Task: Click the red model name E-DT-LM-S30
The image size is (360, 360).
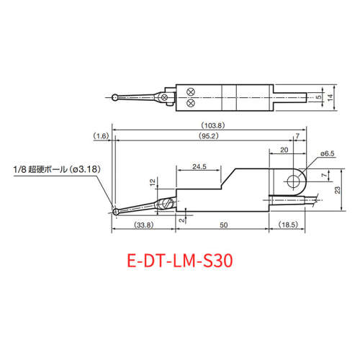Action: pos(180,261)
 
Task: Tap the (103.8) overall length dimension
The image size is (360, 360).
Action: pos(213,125)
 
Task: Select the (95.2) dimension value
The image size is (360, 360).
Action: pos(209,136)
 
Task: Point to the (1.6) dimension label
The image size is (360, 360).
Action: pos(101,136)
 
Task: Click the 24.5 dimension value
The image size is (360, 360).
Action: pos(199,166)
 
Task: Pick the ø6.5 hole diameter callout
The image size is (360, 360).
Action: pos(328,153)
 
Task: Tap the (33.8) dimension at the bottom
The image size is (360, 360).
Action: pos(144,225)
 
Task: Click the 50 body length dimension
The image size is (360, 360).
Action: pos(224,225)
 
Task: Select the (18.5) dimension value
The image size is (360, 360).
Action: pos(288,225)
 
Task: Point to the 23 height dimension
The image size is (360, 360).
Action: pos(338,190)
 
